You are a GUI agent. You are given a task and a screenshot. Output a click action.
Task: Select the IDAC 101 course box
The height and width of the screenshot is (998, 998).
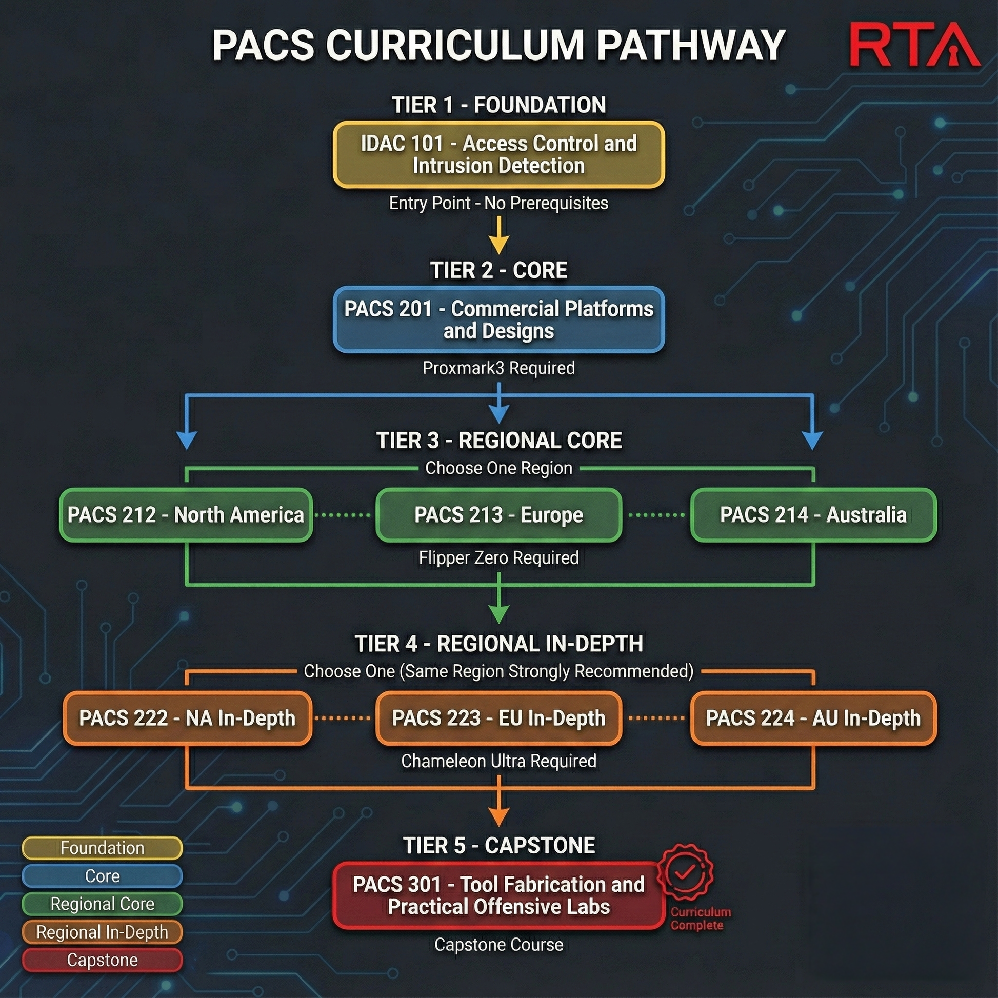coord(498,154)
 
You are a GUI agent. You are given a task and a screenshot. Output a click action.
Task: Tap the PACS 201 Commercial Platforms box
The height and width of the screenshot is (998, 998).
coord(498,319)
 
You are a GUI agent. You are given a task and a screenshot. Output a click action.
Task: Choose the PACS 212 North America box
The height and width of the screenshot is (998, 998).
coord(186,515)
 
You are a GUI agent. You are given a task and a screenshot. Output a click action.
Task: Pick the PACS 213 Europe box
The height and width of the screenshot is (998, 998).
coord(498,515)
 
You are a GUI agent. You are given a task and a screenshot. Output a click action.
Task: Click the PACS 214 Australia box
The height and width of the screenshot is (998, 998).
coord(813,515)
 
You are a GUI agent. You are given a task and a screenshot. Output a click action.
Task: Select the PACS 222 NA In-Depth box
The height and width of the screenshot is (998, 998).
coord(187,718)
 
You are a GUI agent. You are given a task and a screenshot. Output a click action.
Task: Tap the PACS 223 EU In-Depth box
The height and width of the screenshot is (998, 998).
coord(498,718)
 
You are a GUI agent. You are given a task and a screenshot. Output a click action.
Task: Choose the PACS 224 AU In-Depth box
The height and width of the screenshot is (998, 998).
coord(813,718)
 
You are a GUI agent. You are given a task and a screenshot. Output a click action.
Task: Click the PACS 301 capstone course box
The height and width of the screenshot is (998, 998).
coord(498,895)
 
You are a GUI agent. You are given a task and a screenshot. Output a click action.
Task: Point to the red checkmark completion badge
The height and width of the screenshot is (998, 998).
coord(686,872)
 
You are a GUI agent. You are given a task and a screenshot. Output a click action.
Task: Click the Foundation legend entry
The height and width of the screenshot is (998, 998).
coord(102,848)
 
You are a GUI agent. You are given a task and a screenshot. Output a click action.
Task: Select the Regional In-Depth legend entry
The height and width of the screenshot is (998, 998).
coord(102,932)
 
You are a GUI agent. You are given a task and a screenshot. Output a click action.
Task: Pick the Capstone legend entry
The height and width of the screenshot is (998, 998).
coord(102,960)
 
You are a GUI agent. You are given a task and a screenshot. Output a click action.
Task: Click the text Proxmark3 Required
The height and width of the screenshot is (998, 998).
coord(498,368)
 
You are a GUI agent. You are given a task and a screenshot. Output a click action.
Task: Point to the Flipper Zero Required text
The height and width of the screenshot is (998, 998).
coord(498,558)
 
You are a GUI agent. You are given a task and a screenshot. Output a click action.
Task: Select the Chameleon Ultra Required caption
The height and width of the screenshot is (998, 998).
coord(498,761)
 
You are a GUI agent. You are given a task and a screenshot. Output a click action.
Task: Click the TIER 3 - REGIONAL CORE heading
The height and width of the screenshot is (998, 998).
coord(498,441)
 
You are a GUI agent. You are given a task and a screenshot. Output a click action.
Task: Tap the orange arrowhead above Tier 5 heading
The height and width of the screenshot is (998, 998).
coord(498,816)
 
